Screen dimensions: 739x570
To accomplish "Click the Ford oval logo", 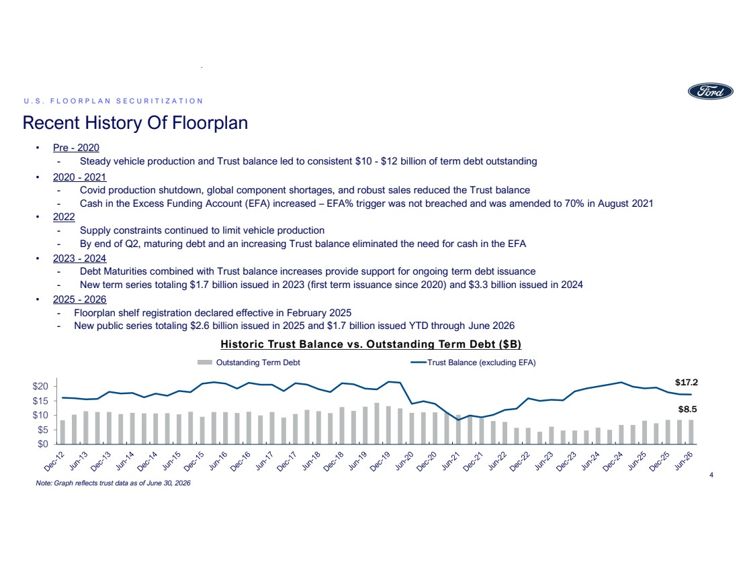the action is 710,91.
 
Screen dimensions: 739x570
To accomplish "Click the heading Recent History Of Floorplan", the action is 135,122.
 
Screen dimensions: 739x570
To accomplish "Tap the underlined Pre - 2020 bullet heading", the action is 76,148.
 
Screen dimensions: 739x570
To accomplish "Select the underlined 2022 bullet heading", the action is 64,217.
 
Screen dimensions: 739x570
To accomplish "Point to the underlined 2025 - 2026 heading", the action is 79,299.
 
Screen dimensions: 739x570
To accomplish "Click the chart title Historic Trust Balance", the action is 371,344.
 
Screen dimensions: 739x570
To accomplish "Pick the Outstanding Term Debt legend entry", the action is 249,363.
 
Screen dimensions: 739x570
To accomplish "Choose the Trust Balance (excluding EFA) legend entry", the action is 473,363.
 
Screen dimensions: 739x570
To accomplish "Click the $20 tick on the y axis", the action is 40,386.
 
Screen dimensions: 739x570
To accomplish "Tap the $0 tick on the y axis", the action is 42,444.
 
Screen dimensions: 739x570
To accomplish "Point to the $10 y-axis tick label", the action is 40,415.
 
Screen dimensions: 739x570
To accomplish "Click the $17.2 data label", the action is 686,383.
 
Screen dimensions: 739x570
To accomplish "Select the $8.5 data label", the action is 688,410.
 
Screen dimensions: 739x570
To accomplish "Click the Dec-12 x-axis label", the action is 54,461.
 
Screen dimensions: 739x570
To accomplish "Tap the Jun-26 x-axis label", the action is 685,461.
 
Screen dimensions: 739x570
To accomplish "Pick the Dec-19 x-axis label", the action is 380,461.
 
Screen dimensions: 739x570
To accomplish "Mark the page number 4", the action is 711,475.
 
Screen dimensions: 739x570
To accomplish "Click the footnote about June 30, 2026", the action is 113,483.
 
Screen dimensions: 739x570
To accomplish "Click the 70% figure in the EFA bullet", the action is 574,203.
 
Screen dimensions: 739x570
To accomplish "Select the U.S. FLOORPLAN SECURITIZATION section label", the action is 113,101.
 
